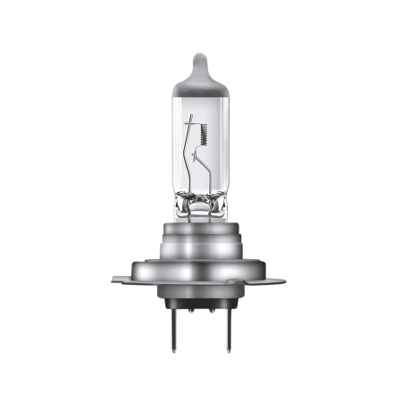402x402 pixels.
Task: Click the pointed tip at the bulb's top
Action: (200, 55)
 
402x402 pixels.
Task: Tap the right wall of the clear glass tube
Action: (231, 143)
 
